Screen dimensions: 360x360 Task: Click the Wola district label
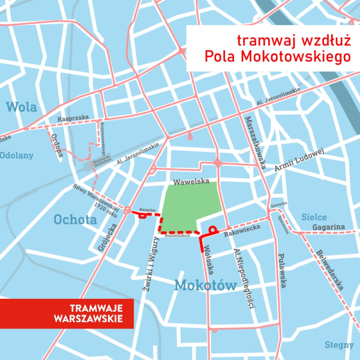(22, 107)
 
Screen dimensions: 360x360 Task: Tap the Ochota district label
(75, 220)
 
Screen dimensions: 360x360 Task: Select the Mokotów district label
(206, 285)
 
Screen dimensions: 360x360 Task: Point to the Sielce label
(314, 217)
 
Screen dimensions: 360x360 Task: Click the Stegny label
(339, 345)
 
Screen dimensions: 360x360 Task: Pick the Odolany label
(17, 156)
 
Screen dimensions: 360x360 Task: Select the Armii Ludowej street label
(299, 159)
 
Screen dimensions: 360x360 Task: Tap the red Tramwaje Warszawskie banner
(67, 313)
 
